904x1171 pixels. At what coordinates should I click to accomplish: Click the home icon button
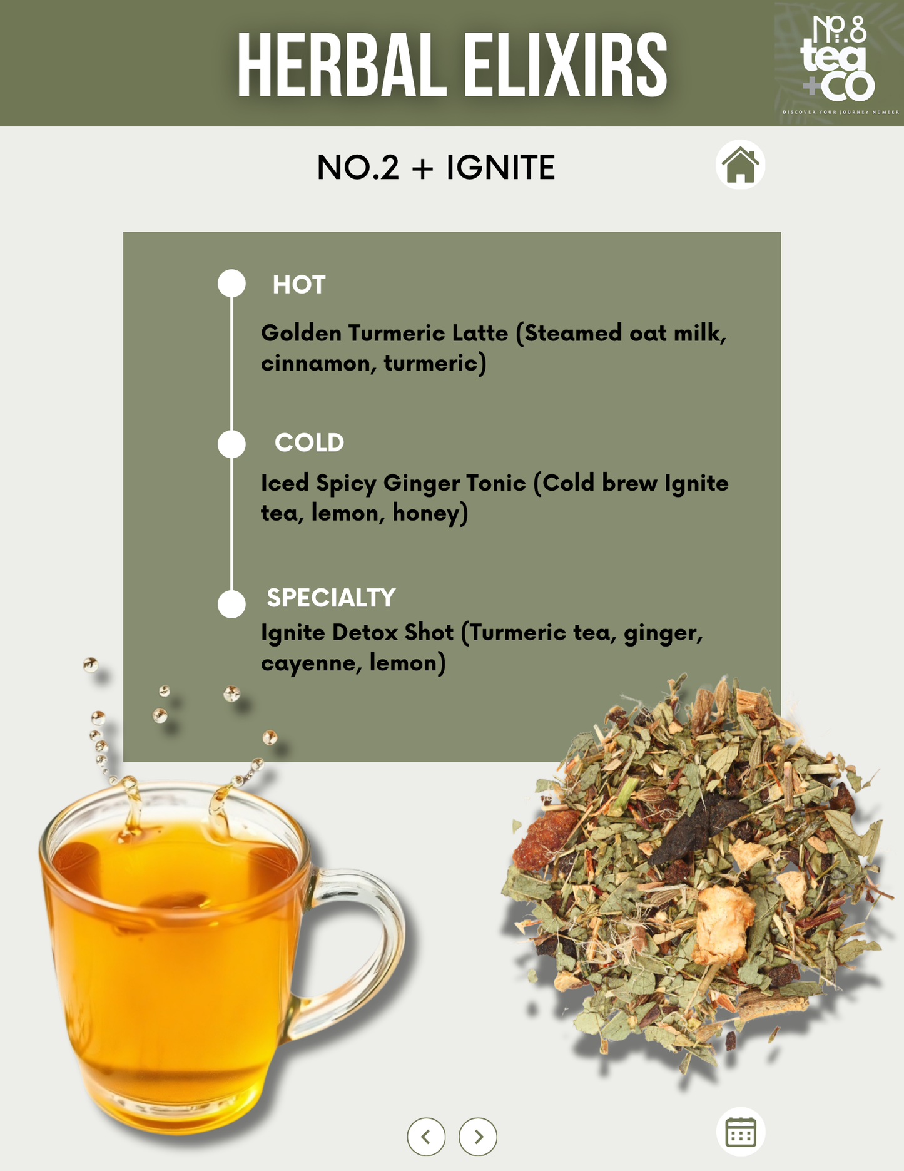click(x=740, y=165)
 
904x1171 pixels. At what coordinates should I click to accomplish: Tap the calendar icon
click(x=741, y=1132)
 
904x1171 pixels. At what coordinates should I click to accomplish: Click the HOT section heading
click(x=299, y=285)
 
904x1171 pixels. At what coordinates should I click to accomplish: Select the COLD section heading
click(x=310, y=443)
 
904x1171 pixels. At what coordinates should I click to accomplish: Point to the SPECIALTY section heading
click(x=331, y=598)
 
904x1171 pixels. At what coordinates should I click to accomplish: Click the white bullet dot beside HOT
click(x=231, y=284)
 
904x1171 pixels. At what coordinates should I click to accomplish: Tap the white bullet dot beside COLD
click(x=231, y=444)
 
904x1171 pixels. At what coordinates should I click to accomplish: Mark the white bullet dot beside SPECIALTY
click(x=231, y=604)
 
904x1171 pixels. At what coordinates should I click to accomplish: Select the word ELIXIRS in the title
click(x=566, y=66)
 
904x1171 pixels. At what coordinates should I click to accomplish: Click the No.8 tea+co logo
click(x=838, y=62)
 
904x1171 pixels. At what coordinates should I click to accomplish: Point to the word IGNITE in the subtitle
click(x=500, y=168)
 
